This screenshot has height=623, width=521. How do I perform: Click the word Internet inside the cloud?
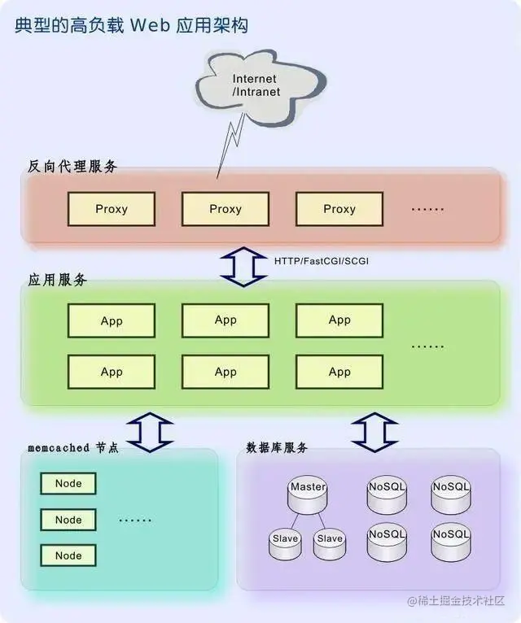coord(256,79)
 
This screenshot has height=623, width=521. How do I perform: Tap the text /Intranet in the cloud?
coord(256,92)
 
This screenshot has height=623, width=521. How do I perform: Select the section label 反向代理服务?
coord(72,166)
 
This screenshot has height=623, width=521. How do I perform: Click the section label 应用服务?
coord(58,280)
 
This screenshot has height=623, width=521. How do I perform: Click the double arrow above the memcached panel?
coord(149,431)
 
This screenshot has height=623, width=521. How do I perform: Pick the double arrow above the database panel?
coord(374,431)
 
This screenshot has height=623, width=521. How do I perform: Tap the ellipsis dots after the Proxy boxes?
coord(427,209)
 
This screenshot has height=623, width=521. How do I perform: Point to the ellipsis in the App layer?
coord(427,346)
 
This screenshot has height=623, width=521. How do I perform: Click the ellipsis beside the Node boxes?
coord(135,520)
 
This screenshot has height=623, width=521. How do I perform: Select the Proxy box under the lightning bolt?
coord(225,209)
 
